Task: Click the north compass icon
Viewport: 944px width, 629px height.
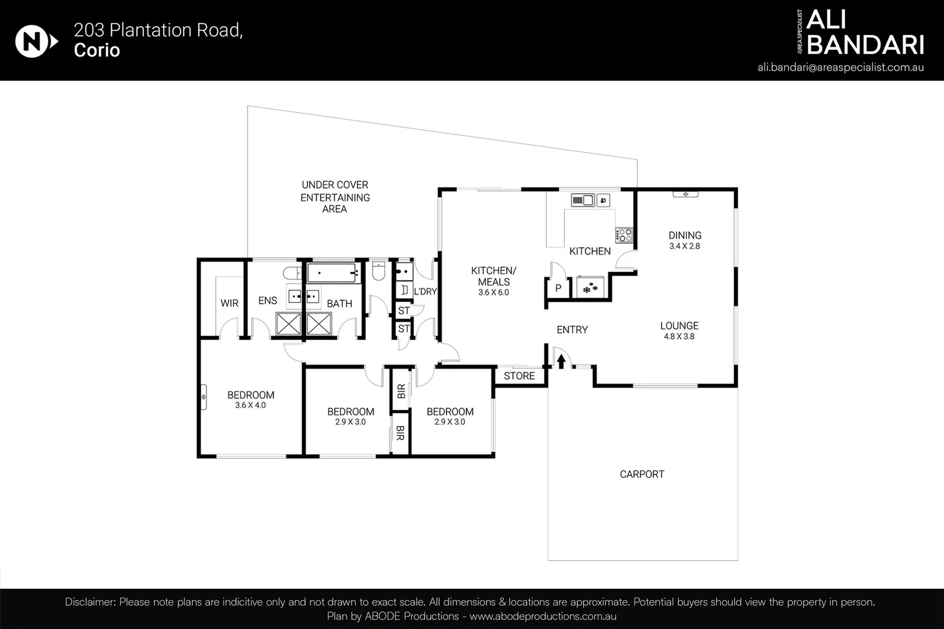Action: [36, 42]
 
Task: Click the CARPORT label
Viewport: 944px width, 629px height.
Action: [641, 474]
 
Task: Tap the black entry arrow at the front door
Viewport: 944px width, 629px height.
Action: [561, 361]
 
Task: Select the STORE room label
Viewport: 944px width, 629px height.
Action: [519, 376]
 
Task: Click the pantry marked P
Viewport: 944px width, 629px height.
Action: [558, 288]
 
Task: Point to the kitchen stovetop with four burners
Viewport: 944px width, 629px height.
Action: [624, 235]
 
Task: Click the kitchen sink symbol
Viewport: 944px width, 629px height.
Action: [582, 200]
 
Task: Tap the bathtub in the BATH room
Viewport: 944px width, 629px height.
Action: [333, 272]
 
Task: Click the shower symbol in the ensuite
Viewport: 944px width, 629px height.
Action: [288, 324]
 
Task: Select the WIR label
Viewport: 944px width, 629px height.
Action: [229, 303]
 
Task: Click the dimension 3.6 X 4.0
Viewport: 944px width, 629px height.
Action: [250, 405]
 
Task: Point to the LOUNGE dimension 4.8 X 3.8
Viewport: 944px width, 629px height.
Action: [679, 337]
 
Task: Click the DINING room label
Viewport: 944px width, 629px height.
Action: [685, 235]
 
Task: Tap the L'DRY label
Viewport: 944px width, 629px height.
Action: [425, 291]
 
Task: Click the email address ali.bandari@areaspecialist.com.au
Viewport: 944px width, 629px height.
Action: [840, 67]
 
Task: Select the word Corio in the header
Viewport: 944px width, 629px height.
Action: [97, 50]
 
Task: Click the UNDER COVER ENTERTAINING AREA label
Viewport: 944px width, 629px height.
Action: [335, 197]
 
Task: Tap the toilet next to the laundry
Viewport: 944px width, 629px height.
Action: [378, 270]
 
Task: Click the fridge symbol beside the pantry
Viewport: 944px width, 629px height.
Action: [591, 287]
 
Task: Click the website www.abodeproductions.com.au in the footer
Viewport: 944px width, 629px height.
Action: [543, 616]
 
